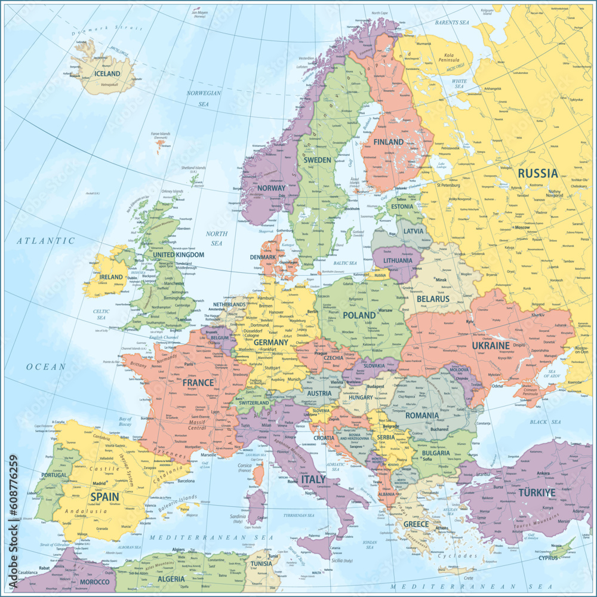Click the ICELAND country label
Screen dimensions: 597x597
pyautogui.click(x=107, y=74)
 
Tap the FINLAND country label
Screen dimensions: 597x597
pyautogui.click(x=388, y=142)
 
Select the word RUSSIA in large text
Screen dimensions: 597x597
pyautogui.click(x=538, y=174)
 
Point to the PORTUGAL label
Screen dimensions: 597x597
pyautogui.click(x=54, y=475)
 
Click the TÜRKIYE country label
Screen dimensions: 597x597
pyautogui.click(x=536, y=493)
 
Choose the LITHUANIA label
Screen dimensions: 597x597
pyautogui.click(x=398, y=261)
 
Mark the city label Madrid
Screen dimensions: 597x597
pyautogui.click(x=99, y=484)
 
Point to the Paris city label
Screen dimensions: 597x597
pyautogui.click(x=189, y=364)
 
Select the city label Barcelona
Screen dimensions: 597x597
pyautogui.click(x=186, y=480)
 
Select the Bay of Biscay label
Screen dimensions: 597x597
pyautogui.click(x=125, y=422)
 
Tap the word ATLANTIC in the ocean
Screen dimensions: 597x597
pyautogui.click(x=45, y=241)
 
